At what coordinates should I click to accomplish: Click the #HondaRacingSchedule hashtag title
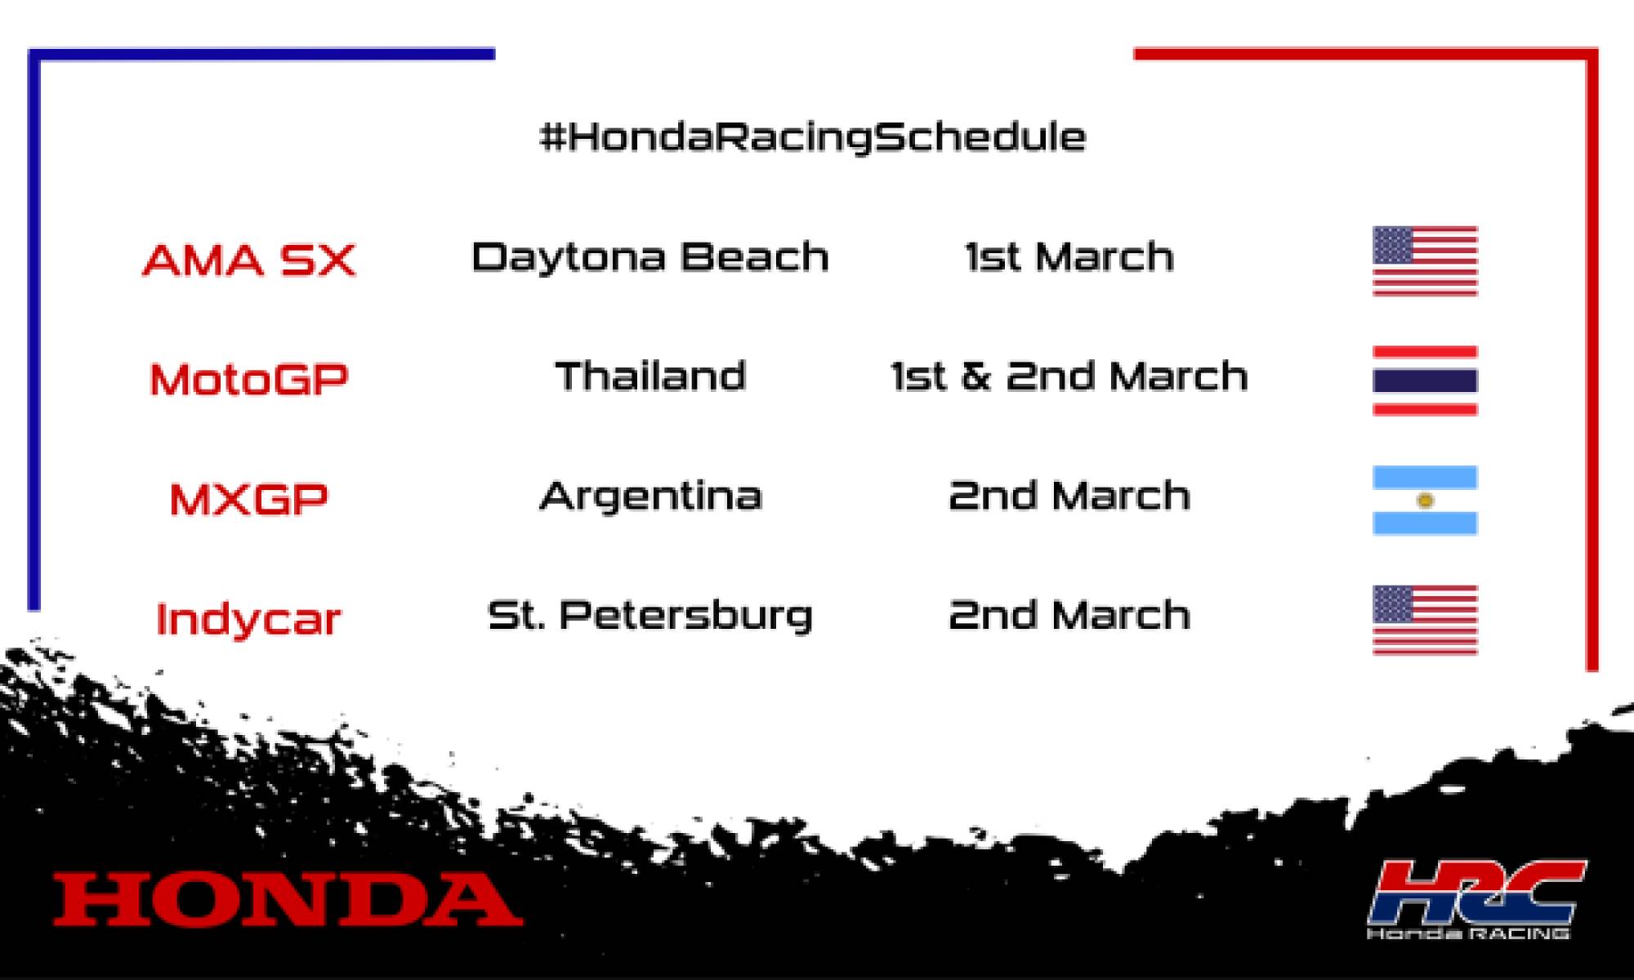click(813, 136)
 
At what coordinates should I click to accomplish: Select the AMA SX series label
click(249, 261)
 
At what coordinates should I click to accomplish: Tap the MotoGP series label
click(249, 380)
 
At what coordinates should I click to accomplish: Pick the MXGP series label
click(249, 499)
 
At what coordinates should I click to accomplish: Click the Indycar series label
click(248, 619)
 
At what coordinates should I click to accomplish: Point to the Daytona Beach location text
click(650, 257)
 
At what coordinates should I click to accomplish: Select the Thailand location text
click(650, 376)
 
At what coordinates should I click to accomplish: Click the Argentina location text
click(650, 497)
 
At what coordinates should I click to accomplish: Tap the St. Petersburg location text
click(650, 616)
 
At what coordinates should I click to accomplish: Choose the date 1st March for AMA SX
click(1069, 257)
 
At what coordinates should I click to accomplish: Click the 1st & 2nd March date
click(1069, 376)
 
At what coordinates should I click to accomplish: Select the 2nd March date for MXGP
click(1069, 496)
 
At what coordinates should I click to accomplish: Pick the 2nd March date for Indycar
click(1069, 615)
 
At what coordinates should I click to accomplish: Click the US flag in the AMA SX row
click(1425, 261)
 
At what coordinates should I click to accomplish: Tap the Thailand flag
click(1425, 381)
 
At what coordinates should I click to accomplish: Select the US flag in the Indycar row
click(1425, 620)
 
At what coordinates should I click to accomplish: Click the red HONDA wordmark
click(288, 899)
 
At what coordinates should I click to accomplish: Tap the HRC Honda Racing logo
click(1476, 898)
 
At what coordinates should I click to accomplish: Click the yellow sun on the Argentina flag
click(1425, 500)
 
